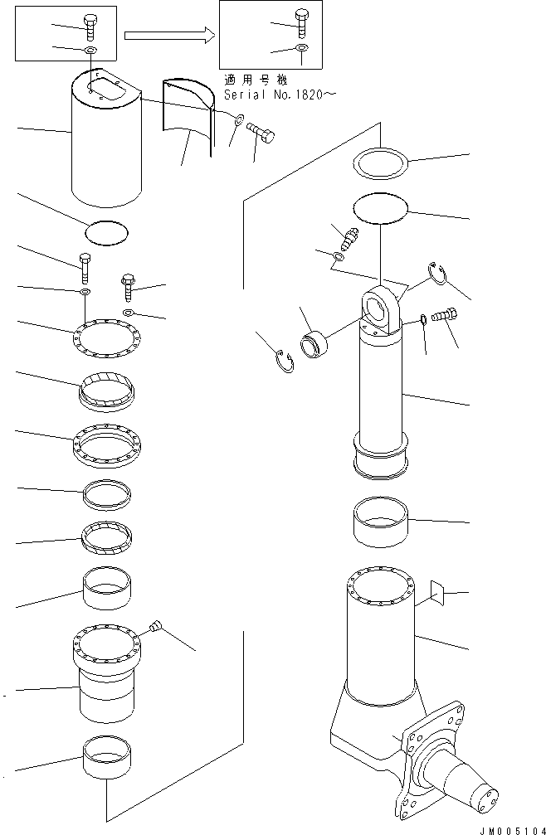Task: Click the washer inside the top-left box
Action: coord(90,51)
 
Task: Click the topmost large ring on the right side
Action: coord(382,162)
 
